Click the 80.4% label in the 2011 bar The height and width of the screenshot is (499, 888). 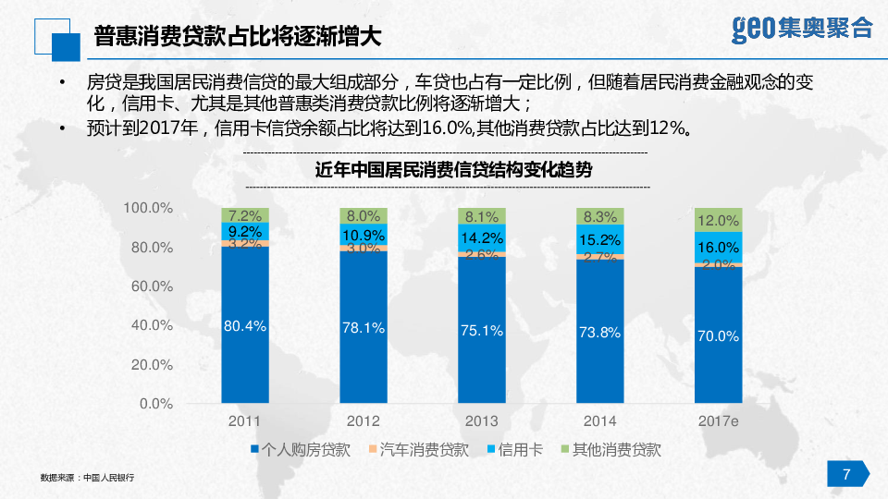[x=245, y=325]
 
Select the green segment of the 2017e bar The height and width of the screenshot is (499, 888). [x=719, y=220]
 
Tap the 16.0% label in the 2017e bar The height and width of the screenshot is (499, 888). [x=719, y=248]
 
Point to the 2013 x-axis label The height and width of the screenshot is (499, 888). [x=481, y=421]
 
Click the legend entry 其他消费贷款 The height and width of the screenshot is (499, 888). [x=610, y=451]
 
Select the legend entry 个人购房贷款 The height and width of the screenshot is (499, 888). [x=300, y=451]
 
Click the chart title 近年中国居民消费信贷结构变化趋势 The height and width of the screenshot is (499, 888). [x=453, y=170]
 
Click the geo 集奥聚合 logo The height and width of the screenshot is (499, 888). [x=801, y=29]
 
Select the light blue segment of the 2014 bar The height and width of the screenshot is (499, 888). [x=600, y=239]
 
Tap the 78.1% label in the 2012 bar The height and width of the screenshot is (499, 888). [x=364, y=328]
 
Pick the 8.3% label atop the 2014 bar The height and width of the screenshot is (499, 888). [x=600, y=216]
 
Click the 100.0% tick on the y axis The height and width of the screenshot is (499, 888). [x=149, y=209]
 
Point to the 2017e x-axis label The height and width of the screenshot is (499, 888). [x=719, y=421]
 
